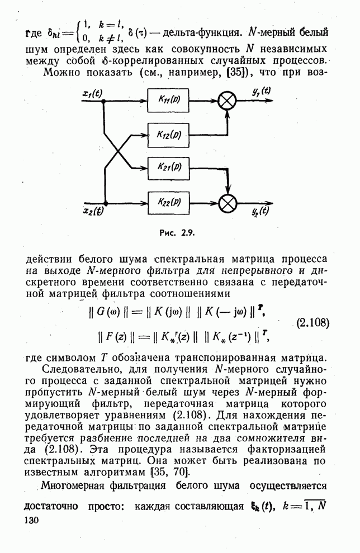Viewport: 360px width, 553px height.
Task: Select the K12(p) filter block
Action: (x=167, y=135)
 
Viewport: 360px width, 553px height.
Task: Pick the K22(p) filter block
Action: (x=167, y=201)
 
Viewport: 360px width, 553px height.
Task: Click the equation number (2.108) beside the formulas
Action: (x=311, y=323)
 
